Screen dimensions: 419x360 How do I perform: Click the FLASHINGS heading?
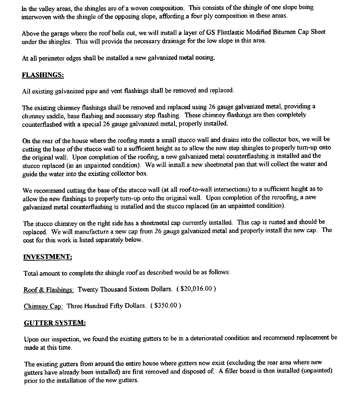43,75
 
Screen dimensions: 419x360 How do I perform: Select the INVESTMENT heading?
48,257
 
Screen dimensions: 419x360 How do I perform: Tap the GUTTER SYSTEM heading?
55,323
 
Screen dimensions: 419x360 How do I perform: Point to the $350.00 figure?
166,306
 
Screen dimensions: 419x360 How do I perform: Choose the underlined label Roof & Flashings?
48,289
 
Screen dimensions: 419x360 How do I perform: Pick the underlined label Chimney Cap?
43,306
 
